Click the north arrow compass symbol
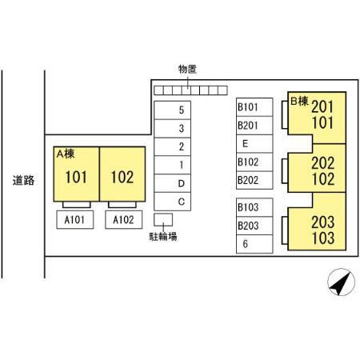[x=341, y=282]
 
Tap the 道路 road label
[x=23, y=180]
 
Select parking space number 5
[x=172, y=110]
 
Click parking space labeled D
[x=172, y=183]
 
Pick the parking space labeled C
[x=172, y=202]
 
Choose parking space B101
[x=254, y=107]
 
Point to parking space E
[x=254, y=144]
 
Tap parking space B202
[x=254, y=180]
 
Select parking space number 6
[x=254, y=244]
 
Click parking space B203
[x=254, y=226]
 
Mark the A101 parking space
[x=75, y=220]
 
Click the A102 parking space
[x=124, y=220]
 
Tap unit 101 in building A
[x=76, y=174]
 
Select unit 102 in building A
[x=122, y=174]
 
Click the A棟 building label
[x=66, y=154]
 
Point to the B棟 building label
[x=299, y=102]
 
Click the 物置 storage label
[x=187, y=69]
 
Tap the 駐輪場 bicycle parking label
[x=163, y=237]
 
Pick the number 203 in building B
[x=323, y=222]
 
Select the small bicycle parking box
[x=163, y=220]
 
